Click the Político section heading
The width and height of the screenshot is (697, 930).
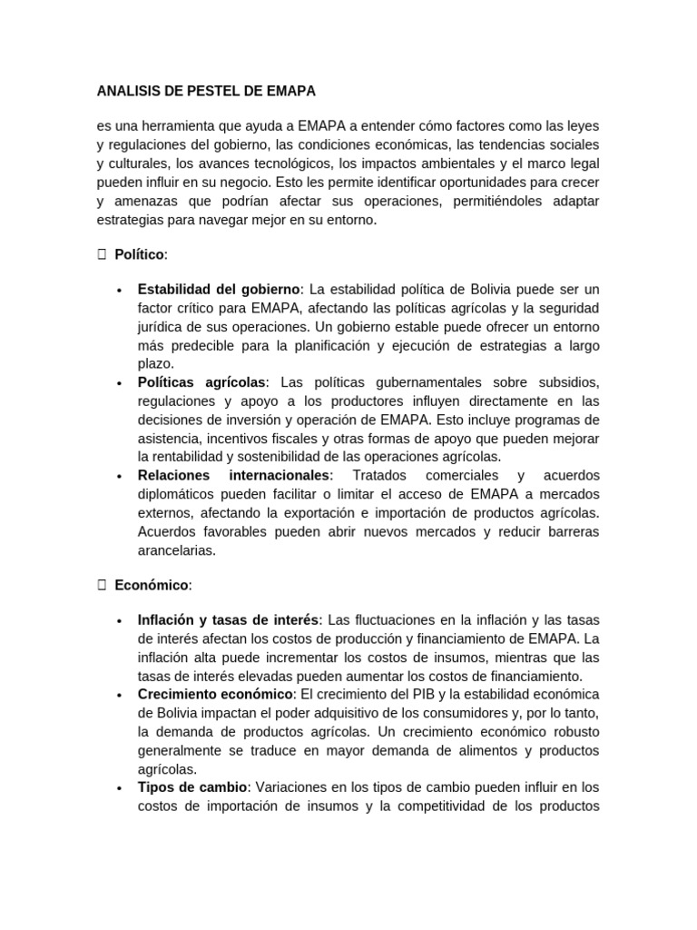pyautogui.click(x=141, y=255)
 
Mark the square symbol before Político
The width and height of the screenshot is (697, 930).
pyautogui.click(x=102, y=255)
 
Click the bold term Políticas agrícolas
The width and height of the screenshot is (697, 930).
pyautogui.click(x=201, y=382)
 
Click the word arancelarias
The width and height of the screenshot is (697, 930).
pyautogui.click(x=176, y=550)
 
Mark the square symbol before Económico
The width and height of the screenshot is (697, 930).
pyautogui.click(x=102, y=586)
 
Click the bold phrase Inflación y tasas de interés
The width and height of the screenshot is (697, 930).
pyautogui.click(x=229, y=620)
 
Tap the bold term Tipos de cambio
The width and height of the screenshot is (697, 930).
pyautogui.click(x=192, y=787)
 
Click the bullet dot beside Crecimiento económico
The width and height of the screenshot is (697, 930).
pyautogui.click(x=120, y=696)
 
